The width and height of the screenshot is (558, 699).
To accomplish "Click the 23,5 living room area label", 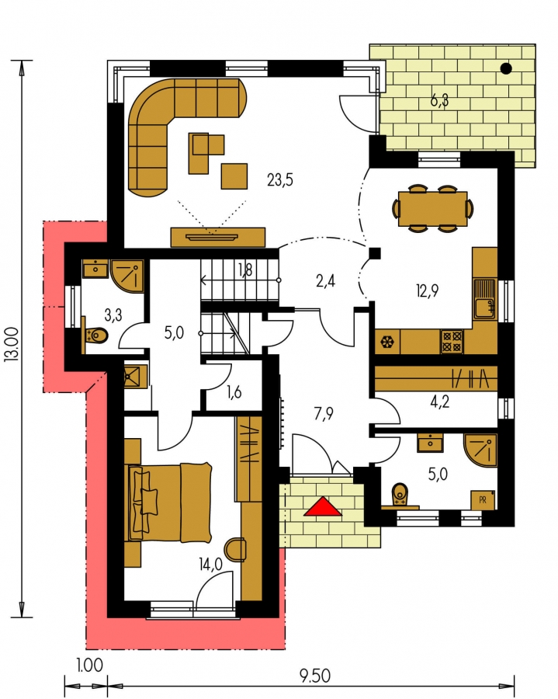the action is point(280,180).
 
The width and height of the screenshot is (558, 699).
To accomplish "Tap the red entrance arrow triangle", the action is point(323,507).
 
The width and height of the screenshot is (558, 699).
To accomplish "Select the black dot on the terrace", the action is point(506,68).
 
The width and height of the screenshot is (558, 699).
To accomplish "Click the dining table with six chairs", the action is point(433,208).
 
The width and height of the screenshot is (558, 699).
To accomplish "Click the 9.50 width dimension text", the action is point(315,676).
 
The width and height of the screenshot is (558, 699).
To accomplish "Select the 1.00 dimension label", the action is point(89,666).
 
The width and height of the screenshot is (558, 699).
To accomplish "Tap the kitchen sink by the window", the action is point(485,299).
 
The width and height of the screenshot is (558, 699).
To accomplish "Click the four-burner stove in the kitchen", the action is point(452,342).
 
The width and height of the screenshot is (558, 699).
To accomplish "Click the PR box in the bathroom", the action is point(483,500).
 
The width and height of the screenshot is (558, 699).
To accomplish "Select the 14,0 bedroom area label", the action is point(210,565).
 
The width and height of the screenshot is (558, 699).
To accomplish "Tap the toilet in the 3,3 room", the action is point(95,335).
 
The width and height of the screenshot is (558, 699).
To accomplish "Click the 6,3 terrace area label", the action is point(439,101).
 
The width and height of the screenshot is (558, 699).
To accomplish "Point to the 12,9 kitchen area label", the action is point(427,290).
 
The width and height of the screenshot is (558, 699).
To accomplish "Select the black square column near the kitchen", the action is point(375,253).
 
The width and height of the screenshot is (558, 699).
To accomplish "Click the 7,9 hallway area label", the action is point(324,414).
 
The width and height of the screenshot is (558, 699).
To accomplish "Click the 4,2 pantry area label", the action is point(439,402).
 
